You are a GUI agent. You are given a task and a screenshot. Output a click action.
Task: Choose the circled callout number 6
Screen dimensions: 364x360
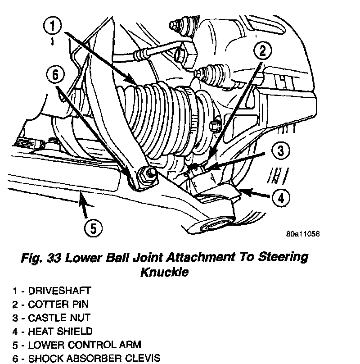click(x=55, y=75)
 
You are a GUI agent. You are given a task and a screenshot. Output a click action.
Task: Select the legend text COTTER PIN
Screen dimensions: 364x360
click(x=56, y=305)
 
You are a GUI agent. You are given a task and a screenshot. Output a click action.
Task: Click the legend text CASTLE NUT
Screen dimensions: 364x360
click(x=59, y=318)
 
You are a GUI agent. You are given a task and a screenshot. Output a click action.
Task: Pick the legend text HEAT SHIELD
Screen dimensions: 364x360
click(x=60, y=332)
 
